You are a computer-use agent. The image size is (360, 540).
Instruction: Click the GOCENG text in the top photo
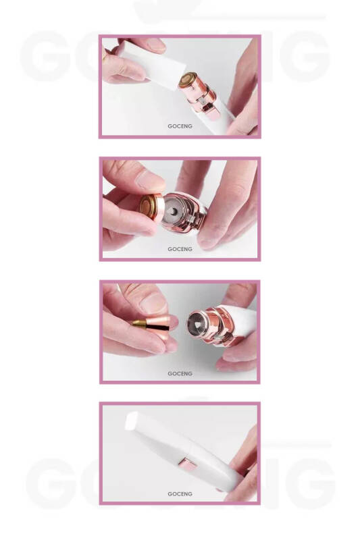180,126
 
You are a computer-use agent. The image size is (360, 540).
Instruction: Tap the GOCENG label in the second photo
180,249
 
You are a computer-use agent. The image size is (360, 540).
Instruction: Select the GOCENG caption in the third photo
180,374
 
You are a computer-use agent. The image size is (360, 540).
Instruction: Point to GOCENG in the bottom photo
180,494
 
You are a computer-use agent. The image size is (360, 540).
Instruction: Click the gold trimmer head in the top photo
188,80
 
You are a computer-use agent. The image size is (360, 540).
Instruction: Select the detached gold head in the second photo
151,209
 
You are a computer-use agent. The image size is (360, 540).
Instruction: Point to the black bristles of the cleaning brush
159,323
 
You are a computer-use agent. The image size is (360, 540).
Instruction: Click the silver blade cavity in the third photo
197,324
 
